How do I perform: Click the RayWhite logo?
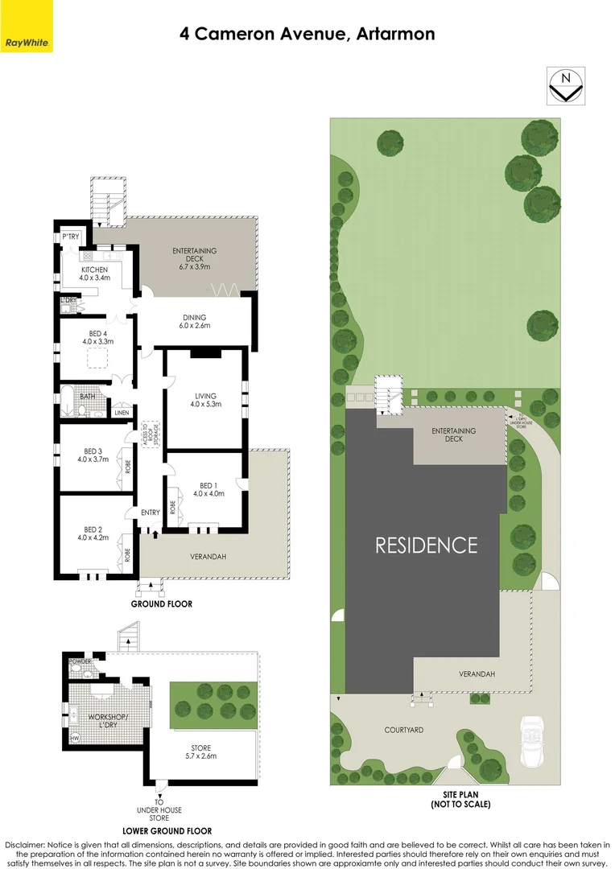click(x=27, y=42)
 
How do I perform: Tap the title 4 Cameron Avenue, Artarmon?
click(x=307, y=34)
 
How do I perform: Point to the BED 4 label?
click(x=95, y=336)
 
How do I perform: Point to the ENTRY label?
click(x=151, y=513)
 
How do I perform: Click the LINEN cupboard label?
click(x=122, y=413)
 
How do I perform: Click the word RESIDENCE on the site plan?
click(x=427, y=545)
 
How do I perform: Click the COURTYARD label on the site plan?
click(x=403, y=730)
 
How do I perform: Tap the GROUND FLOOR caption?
click(x=162, y=603)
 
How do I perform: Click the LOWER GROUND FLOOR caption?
click(x=167, y=830)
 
